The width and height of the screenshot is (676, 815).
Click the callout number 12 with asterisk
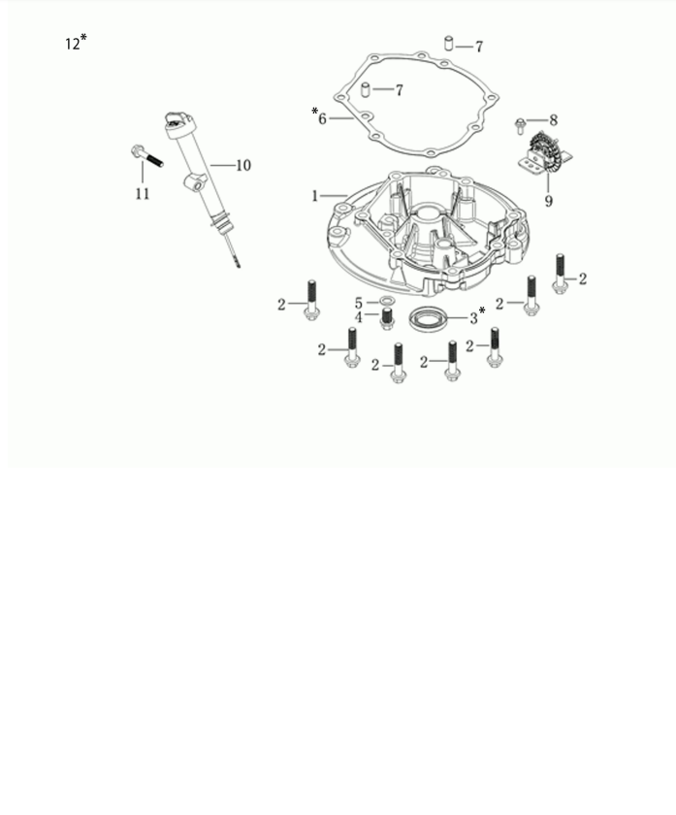coord(76,42)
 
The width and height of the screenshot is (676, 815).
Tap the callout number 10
coord(243,165)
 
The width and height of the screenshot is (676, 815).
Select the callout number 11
coord(143,194)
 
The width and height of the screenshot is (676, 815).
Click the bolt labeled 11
coord(147,156)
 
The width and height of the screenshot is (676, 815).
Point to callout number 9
coord(549,201)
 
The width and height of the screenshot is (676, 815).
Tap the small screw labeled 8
coord(520,126)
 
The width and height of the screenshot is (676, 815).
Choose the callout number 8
coord(554,120)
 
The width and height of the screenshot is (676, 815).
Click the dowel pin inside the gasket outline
coord(366,89)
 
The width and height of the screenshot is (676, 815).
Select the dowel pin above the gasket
coord(448,43)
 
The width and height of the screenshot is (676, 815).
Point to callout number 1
coord(315,196)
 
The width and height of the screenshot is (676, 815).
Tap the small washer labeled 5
coord(387,301)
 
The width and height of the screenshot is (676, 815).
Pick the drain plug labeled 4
coord(387,318)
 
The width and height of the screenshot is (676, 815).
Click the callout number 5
coord(359,303)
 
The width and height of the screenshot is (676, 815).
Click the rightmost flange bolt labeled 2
coord(560,274)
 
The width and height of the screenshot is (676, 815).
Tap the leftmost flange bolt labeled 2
coord(311,301)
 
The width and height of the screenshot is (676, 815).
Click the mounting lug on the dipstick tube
coord(195,183)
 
